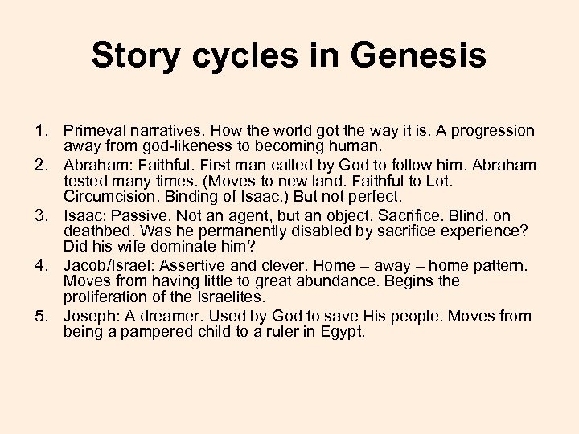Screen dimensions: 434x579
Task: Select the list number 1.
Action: [x=41, y=130]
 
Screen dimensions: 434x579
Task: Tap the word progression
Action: [x=493, y=130]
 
